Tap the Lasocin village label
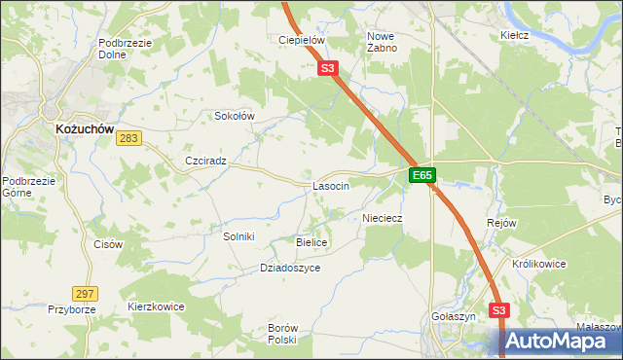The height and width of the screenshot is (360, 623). (331, 186)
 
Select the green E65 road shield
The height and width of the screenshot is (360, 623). (421, 175)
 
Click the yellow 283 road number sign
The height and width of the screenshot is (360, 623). (128, 139)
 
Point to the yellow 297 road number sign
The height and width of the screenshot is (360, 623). (85, 293)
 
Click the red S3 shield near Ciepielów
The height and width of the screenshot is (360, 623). (327, 68)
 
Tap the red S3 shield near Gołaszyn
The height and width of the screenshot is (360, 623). (499, 310)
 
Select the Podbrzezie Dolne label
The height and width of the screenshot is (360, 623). (123, 50)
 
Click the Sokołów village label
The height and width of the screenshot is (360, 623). (234, 116)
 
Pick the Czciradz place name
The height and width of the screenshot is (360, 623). (205, 162)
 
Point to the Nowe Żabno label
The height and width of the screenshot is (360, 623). (381, 42)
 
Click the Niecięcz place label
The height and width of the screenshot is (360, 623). (383, 218)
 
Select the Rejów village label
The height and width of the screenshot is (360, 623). (500, 223)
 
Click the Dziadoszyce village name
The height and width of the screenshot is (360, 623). (290, 268)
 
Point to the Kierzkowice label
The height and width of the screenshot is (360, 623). (156, 306)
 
